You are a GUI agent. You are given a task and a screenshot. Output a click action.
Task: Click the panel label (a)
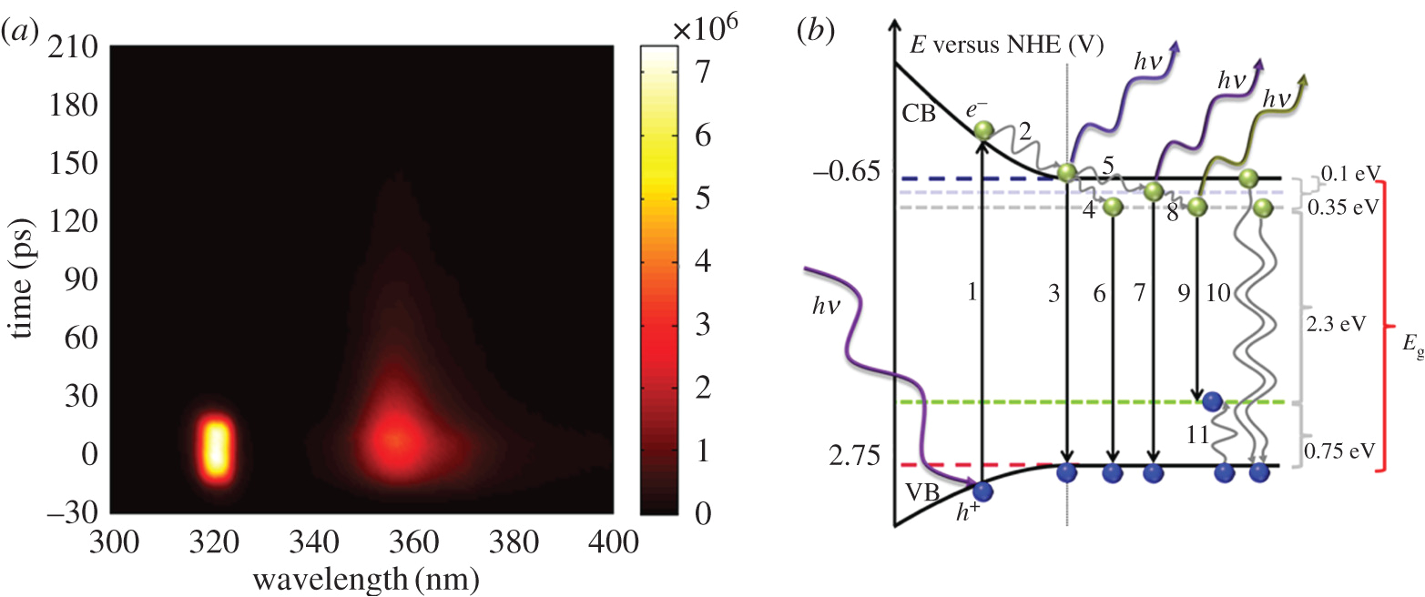click(x=21, y=31)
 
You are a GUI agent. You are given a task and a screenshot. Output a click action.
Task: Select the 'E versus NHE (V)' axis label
click(x=1007, y=45)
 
